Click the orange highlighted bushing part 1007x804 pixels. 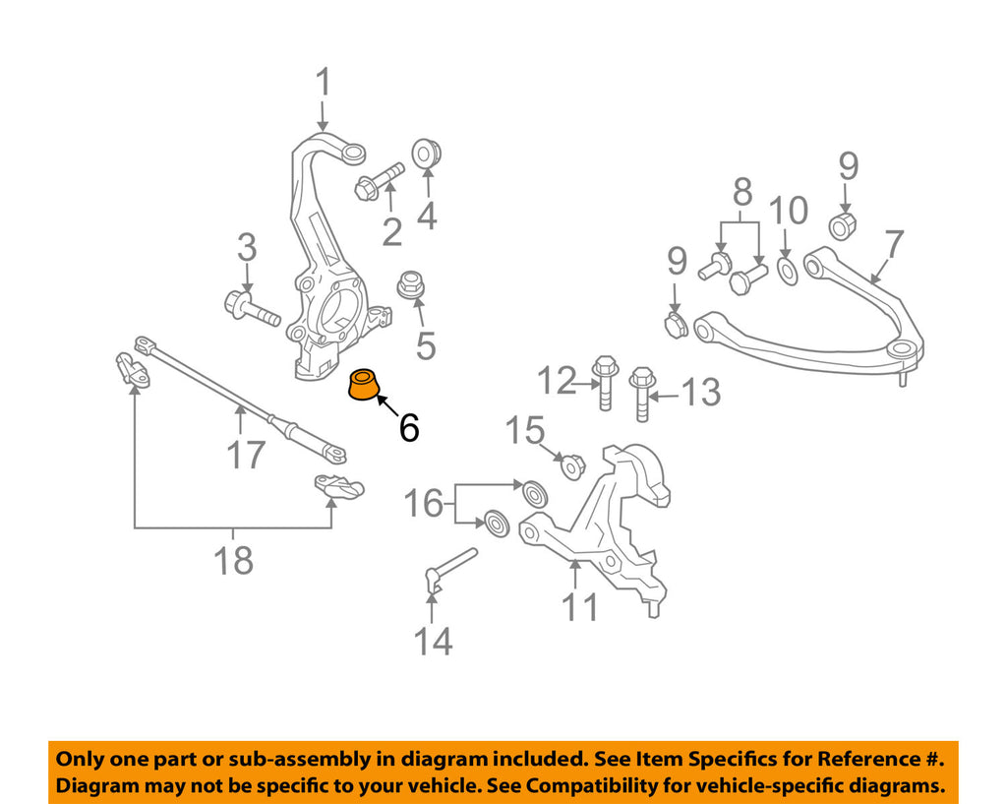click(x=366, y=385)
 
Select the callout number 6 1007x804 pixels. click(x=409, y=427)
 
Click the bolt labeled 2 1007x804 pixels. click(x=378, y=181)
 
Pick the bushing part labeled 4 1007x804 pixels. click(x=428, y=155)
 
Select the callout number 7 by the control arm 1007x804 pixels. click(x=893, y=244)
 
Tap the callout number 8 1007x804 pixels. click(x=741, y=190)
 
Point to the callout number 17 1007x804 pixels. click(x=246, y=454)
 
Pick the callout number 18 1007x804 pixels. click(x=234, y=560)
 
